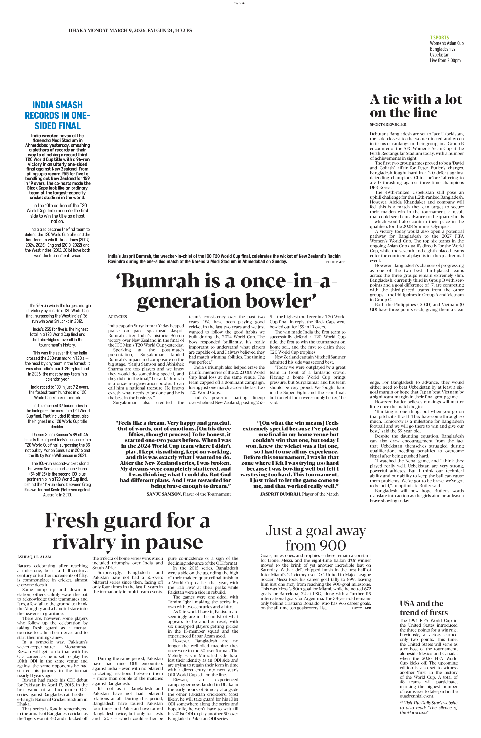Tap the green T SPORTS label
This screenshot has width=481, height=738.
[x=439, y=37]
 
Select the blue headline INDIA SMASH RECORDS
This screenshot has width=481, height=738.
[x=57, y=115]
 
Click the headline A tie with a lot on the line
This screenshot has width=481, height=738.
[x=416, y=106]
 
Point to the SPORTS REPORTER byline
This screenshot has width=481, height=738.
[x=388, y=124]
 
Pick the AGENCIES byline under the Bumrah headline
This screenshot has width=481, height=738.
[x=117, y=317]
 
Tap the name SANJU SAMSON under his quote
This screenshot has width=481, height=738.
[x=164, y=494]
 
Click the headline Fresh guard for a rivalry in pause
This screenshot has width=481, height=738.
[x=127, y=531]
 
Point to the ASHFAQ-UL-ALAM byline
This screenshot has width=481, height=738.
[x=34, y=557]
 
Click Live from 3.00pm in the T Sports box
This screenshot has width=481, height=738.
[x=445, y=60]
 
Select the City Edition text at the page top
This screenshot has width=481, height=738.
[x=240, y=3]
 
